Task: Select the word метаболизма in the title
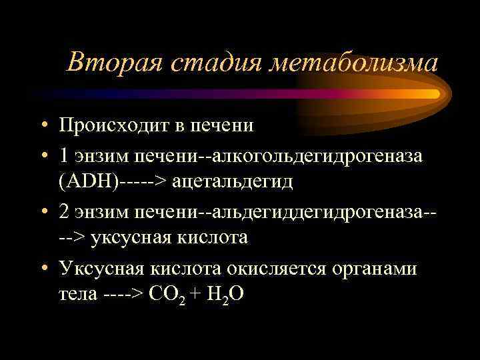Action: coord(353,63)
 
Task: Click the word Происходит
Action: coord(117,125)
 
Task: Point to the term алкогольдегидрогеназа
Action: coord(325,156)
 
